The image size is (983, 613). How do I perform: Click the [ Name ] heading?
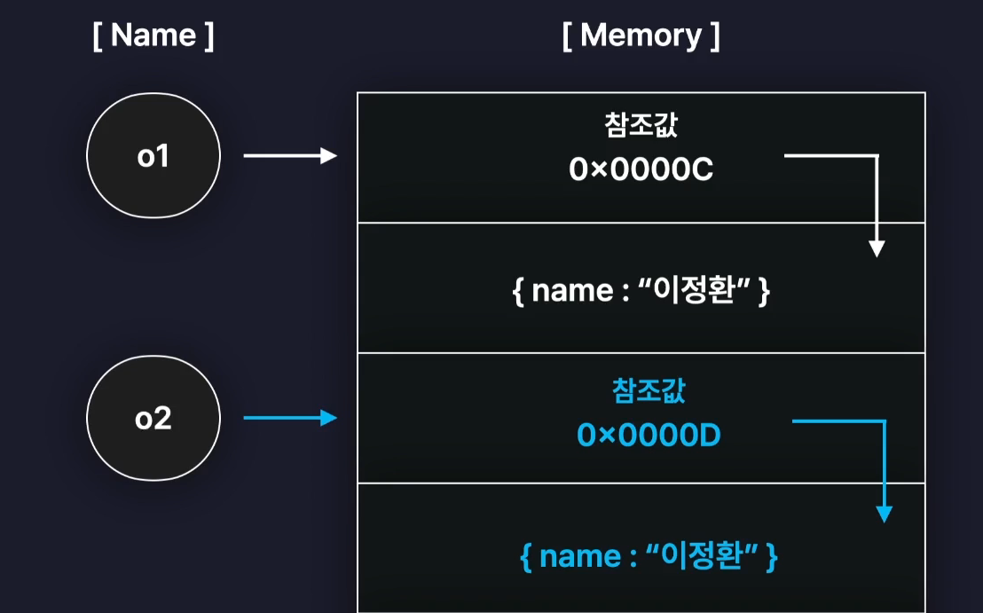tap(153, 36)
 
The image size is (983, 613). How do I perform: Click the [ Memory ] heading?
tap(641, 36)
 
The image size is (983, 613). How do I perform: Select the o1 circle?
tap(153, 156)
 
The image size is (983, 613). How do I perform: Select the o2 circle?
tap(153, 418)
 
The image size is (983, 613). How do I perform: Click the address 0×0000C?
tap(641, 170)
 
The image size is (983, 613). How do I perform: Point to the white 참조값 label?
tap(641, 126)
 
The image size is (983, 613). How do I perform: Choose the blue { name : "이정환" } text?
tap(649, 556)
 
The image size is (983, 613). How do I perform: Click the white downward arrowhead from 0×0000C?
tap(877, 248)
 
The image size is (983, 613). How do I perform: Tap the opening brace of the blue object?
tap(524, 557)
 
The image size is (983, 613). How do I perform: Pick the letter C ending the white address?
tap(704, 170)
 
